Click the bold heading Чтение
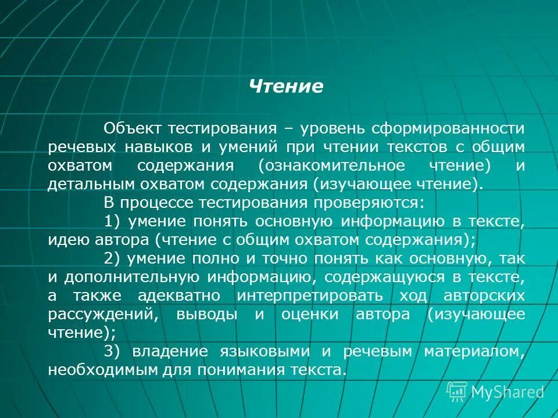pos(285,87)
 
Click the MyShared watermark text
pos(507,392)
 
